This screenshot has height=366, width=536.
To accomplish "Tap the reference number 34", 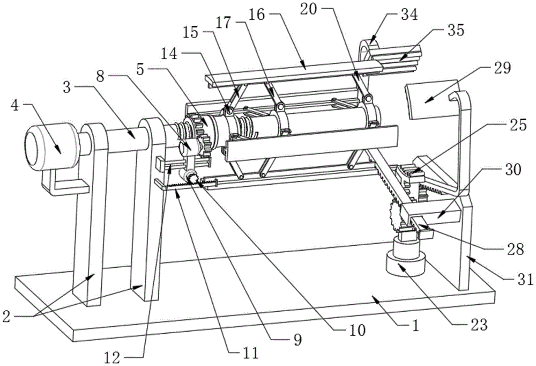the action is [x=409, y=15].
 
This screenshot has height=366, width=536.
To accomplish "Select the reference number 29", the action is [x=502, y=68].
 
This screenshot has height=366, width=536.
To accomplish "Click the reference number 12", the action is [x=113, y=358].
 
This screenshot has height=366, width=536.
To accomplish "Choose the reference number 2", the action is [x=6, y=317].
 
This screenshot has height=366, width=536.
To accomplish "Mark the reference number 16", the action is [x=257, y=14].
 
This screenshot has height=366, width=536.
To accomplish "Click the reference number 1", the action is [x=415, y=326].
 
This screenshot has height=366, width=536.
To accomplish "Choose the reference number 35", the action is [x=456, y=30].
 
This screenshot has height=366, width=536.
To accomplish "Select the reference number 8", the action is [x=101, y=77].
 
